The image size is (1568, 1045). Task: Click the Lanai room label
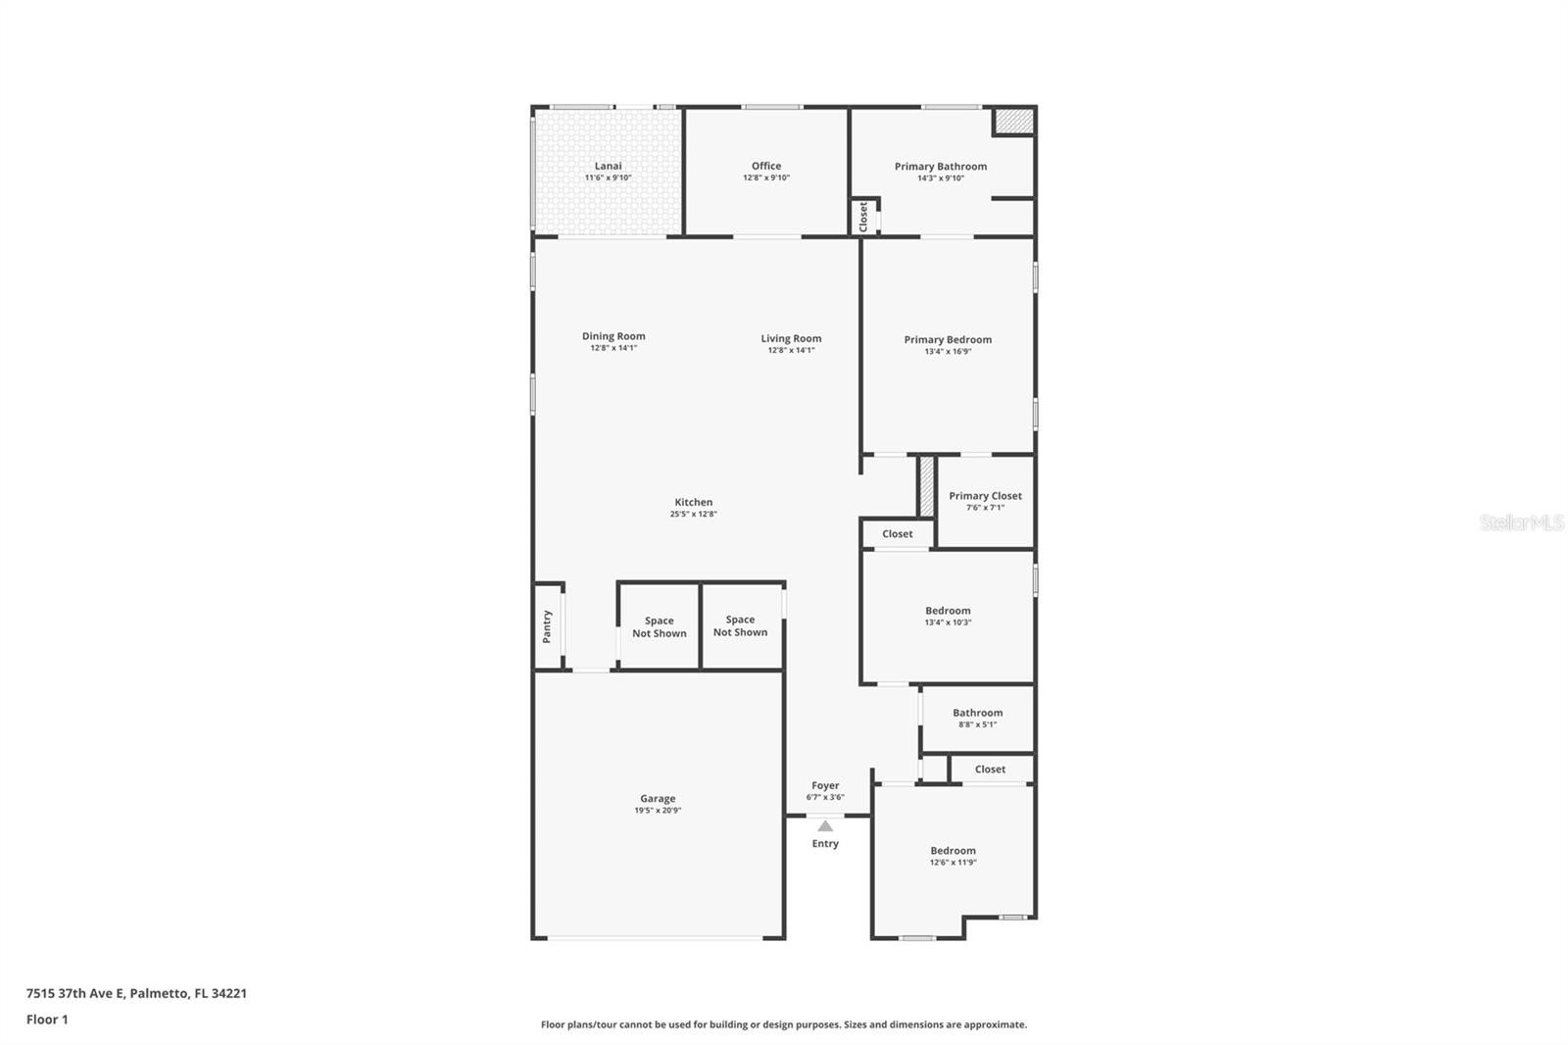point(608,166)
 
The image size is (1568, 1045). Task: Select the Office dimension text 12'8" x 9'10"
point(766,177)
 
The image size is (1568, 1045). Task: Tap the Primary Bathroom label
point(941,167)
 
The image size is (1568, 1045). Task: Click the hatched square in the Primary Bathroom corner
point(1014,121)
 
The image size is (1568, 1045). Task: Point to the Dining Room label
point(613,336)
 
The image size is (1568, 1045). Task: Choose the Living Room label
point(791,338)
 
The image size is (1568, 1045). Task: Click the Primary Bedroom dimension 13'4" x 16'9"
point(948,352)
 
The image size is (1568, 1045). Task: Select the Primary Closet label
point(986,496)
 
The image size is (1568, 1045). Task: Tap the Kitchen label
point(694,502)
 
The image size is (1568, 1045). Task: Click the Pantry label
point(548,626)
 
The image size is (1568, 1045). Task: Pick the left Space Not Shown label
point(660,626)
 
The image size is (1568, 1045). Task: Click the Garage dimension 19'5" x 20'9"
point(658,811)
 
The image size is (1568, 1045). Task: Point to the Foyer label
point(825,786)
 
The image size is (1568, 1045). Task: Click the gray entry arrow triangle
point(825,825)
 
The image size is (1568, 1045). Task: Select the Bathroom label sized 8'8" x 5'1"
point(978,713)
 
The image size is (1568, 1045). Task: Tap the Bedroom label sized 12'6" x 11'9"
point(953,851)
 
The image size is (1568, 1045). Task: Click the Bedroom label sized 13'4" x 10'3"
point(948,611)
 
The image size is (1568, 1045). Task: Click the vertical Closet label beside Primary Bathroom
point(863,217)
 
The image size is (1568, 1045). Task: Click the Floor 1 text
point(47,1020)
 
